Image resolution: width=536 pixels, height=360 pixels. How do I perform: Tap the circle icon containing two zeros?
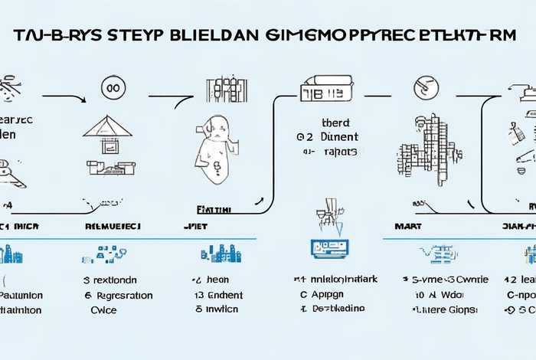tap(113, 89)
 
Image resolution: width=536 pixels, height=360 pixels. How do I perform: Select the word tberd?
tap(335, 122)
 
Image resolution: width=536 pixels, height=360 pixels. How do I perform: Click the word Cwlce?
tap(103, 310)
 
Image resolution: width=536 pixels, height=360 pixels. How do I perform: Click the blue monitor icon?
tap(330, 247)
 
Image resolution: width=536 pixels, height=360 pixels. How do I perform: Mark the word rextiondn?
tap(116, 280)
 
